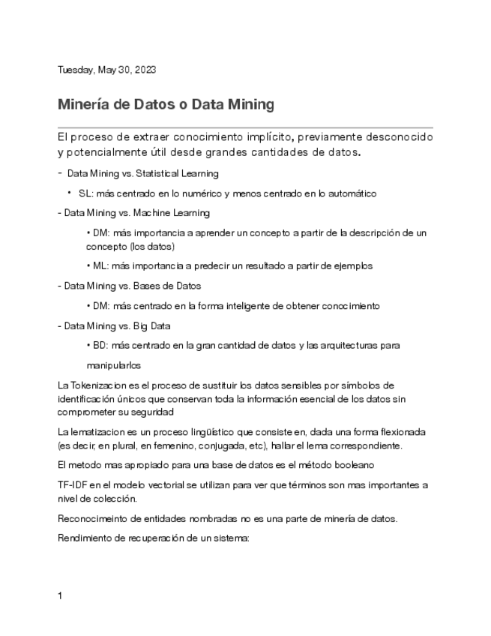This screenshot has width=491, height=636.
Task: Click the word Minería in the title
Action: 84,105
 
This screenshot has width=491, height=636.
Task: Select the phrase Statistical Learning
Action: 178,173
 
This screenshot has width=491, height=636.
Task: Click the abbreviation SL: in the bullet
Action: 85,193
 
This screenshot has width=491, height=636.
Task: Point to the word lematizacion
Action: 101,432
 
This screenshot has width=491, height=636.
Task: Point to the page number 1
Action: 60,596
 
